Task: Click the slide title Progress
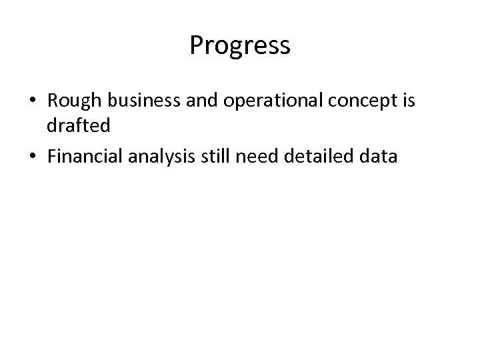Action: (x=239, y=46)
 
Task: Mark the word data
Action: (x=377, y=157)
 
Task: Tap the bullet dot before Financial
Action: (x=33, y=158)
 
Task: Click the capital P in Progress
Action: (x=196, y=45)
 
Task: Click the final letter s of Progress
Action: (x=285, y=47)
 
